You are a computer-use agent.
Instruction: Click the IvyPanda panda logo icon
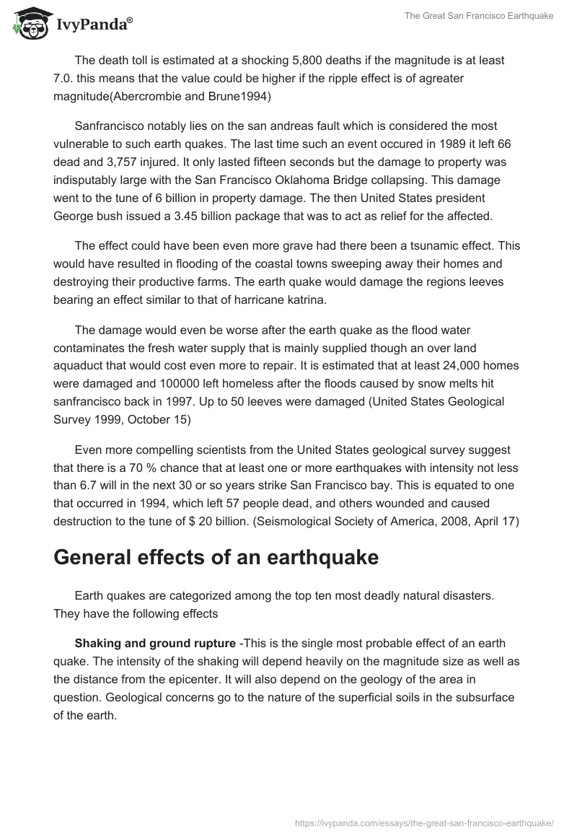(27, 23)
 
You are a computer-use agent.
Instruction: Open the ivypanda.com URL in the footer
(424, 823)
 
